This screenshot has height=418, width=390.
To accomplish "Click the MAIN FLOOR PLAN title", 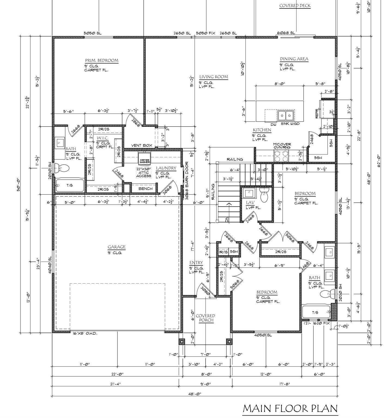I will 290,408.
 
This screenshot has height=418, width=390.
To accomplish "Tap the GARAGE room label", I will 117,247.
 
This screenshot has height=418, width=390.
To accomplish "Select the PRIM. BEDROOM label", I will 102,60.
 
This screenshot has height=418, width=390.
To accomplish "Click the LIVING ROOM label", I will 213,77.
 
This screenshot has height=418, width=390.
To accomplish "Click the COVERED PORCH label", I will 207,318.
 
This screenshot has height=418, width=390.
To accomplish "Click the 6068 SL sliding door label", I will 286,33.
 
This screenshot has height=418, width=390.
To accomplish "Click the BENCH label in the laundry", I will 145,189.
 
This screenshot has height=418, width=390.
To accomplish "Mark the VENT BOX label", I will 141,145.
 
